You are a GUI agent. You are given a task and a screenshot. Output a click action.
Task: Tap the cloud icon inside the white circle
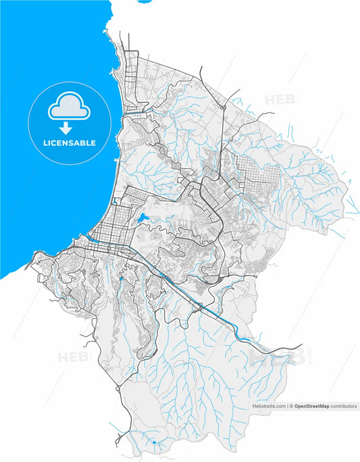66,107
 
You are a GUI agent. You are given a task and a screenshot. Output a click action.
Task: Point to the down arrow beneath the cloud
66,128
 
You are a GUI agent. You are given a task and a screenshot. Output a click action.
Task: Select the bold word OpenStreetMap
316,407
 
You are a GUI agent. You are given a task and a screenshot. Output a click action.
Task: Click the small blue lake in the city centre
143,218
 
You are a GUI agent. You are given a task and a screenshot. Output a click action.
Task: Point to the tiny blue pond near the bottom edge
155,442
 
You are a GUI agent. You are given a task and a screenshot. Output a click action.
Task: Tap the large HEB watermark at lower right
276,357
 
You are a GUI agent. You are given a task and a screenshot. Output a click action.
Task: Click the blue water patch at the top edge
145,2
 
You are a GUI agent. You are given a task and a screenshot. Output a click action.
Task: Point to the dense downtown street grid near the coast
108,230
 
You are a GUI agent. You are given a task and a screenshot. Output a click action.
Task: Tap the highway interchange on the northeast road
222,106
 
